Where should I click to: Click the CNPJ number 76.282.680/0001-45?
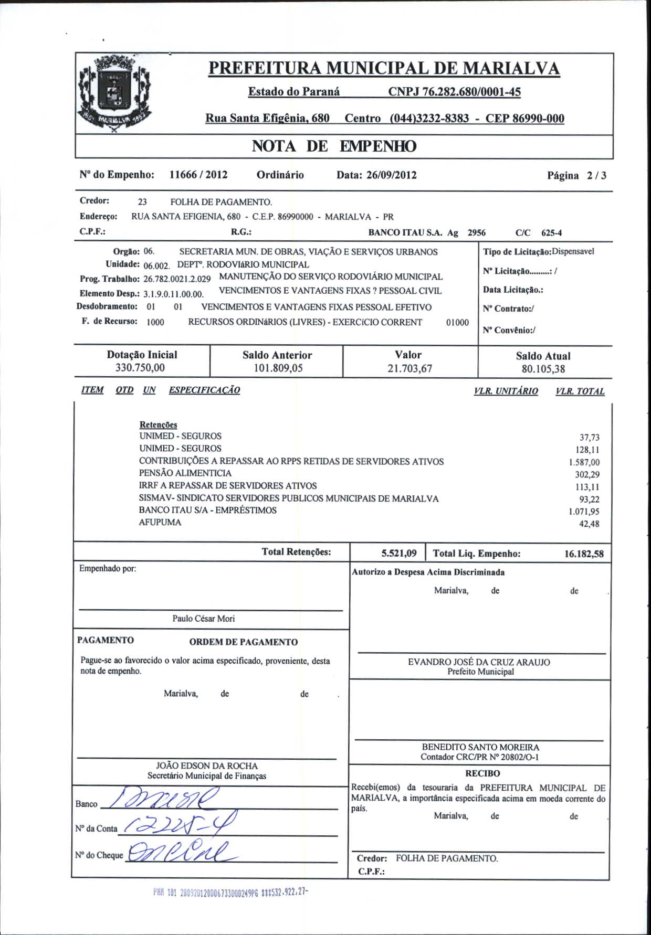[454, 92]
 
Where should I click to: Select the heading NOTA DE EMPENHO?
[334, 146]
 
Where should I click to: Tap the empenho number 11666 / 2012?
[198, 175]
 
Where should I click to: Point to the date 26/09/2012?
[391, 175]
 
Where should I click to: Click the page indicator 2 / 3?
[596, 176]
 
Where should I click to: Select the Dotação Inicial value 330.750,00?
[140, 368]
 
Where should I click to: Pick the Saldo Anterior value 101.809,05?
[278, 368]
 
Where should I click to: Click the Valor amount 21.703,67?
[409, 369]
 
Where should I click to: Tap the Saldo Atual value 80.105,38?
[543, 369]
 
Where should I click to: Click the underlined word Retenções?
[158, 424]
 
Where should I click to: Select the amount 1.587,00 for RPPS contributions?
[584, 462]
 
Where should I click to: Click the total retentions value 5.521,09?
[399, 553]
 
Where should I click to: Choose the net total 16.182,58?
[584, 554]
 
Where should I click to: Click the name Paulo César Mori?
[204, 619]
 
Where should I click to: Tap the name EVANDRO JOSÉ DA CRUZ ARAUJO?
[479, 662]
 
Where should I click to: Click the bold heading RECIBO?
[482, 773]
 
